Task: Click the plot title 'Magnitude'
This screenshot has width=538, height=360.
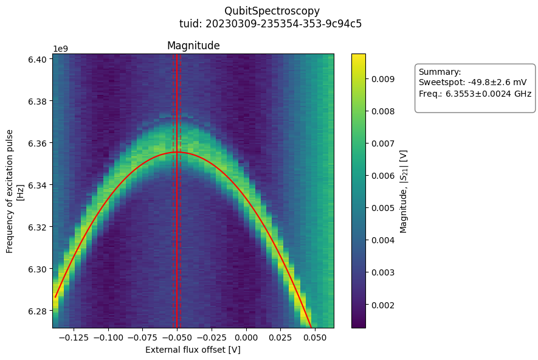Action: pyautogui.click(x=193, y=46)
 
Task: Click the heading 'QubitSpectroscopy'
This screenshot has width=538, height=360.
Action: pyautogui.click(x=272, y=11)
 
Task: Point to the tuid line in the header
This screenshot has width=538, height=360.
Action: pyautogui.click(x=271, y=24)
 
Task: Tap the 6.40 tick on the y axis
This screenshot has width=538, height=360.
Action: pyautogui.click(x=38, y=59)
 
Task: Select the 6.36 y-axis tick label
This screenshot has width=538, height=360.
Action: pyautogui.click(x=38, y=143)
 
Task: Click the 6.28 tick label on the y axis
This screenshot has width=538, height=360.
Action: pyautogui.click(x=38, y=311)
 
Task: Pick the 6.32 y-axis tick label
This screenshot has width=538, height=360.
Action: pyautogui.click(x=38, y=227)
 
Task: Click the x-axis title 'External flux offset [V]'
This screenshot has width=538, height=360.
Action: pyautogui.click(x=193, y=350)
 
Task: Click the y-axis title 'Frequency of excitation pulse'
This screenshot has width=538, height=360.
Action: pyautogui.click(x=10, y=191)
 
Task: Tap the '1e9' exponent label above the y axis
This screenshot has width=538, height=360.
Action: pyautogui.click(x=60, y=49)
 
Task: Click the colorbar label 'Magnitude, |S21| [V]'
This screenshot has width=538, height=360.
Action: pyautogui.click(x=403, y=191)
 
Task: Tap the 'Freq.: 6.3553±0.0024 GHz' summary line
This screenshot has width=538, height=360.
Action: pyautogui.click(x=475, y=94)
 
